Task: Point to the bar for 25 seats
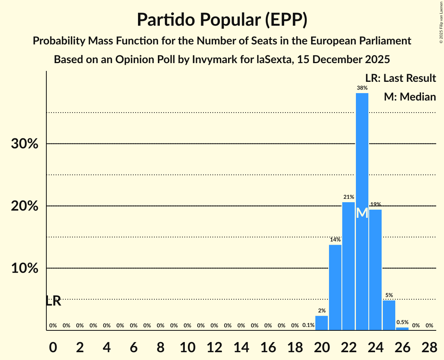click(389, 315)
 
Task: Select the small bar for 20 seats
click(322, 323)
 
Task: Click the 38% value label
click(362, 88)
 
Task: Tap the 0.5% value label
click(402, 322)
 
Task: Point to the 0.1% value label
click(308, 325)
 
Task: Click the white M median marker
click(362, 213)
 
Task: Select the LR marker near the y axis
click(53, 301)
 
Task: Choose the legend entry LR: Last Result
click(400, 78)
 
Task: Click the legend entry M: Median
click(410, 97)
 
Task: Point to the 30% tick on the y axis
click(25, 144)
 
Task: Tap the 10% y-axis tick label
click(25, 268)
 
